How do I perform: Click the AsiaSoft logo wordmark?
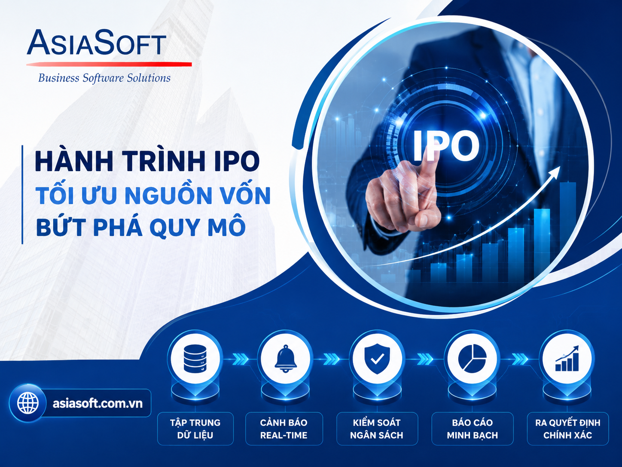(x=96, y=42)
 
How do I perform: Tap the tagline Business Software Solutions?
(x=104, y=78)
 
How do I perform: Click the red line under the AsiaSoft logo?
(x=109, y=65)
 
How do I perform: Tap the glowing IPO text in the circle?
(x=446, y=146)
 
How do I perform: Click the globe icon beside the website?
(x=28, y=403)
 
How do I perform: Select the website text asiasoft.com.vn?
(x=98, y=403)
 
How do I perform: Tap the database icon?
(x=195, y=358)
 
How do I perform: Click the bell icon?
(x=286, y=358)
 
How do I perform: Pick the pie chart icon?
(x=472, y=359)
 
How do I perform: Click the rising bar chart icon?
(x=567, y=358)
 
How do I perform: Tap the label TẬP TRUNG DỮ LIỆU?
(x=195, y=429)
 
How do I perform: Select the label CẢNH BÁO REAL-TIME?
(x=284, y=429)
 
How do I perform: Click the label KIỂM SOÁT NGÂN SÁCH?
(x=377, y=429)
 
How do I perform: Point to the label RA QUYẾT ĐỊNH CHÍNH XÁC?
(x=567, y=429)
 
